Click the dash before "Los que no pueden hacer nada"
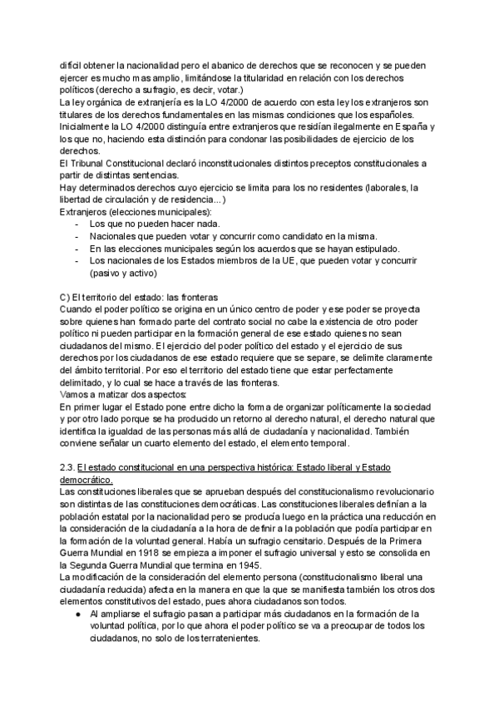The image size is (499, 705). pos(77,224)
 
